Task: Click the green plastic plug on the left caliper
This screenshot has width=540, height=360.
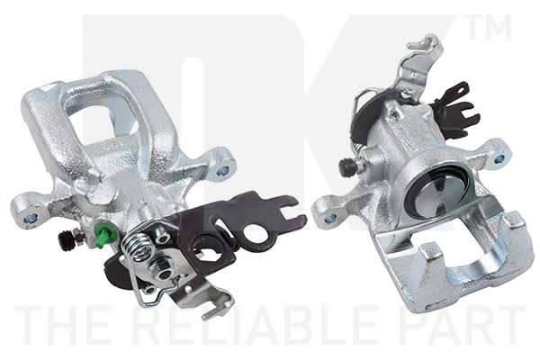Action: pos(103,234)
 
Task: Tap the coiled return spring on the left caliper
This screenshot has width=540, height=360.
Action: pos(137,246)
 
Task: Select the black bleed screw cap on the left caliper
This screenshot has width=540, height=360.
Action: pos(66,240)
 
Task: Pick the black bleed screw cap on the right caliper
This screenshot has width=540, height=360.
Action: pos(346,166)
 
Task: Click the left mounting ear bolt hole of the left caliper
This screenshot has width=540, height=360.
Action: pos(30,218)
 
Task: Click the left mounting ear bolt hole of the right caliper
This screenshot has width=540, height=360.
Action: pos(330,218)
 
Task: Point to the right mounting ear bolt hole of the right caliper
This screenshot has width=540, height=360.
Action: pos(499,159)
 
